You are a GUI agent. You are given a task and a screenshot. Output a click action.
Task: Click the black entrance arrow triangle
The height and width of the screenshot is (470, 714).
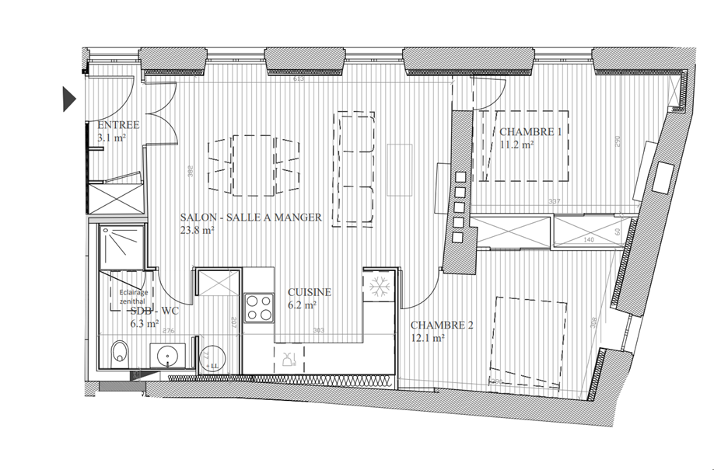pyautogui.click(x=68, y=99)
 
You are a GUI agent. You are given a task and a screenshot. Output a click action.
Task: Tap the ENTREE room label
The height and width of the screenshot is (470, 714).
pyautogui.click(x=118, y=125)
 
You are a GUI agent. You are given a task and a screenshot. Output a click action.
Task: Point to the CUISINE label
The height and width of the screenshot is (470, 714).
pyautogui.click(x=310, y=292)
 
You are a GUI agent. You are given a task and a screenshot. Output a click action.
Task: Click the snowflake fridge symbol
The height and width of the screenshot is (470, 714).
pyautogui.click(x=380, y=287)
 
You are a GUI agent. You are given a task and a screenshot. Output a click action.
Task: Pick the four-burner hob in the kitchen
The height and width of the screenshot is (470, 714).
pyautogui.click(x=259, y=307)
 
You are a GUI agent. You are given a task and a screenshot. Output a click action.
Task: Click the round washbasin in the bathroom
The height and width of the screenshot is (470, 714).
pyautogui.click(x=170, y=357)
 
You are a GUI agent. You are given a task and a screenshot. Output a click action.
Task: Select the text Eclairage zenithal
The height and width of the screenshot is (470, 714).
pyautogui.click(x=131, y=298)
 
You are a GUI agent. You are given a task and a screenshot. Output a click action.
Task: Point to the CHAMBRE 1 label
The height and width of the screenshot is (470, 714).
pyautogui.click(x=530, y=132)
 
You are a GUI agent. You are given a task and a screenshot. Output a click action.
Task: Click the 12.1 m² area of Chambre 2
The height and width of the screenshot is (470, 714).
pyautogui.click(x=428, y=338)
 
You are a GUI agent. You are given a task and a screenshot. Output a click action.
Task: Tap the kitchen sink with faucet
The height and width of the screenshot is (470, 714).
pyautogui.click(x=289, y=358)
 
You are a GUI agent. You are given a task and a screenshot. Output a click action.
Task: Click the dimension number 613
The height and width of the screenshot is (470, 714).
pyautogui.click(x=298, y=79)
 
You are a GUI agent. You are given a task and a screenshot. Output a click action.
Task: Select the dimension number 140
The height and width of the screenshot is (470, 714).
pyautogui.click(x=588, y=240)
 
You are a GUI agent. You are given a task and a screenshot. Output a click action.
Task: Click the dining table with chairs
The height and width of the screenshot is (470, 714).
pyautogui.click(x=254, y=165)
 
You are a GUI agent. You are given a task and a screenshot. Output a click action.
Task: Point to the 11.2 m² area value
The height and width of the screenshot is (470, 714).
pyautogui.click(x=516, y=144)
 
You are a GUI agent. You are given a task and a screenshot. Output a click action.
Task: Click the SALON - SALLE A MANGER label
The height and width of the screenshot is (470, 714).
pyautogui.click(x=250, y=218)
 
